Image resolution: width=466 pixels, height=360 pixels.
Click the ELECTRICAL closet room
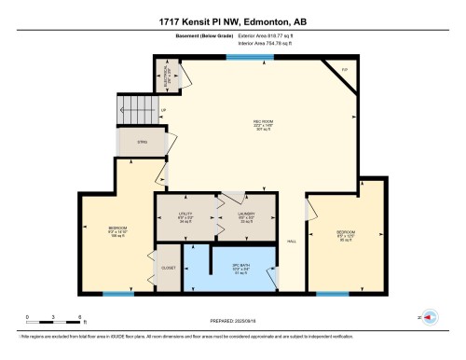click(x=168, y=72)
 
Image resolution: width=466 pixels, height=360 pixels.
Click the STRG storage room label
click(x=142, y=143)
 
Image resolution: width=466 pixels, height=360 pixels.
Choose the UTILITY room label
click(x=185, y=216)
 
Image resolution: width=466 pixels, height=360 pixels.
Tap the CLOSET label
click(x=168, y=268)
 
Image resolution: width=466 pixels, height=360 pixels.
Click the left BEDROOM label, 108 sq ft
click(x=116, y=230)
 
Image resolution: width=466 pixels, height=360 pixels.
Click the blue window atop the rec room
click(x=244, y=58)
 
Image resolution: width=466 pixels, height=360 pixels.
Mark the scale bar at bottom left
click(x=54, y=319)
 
